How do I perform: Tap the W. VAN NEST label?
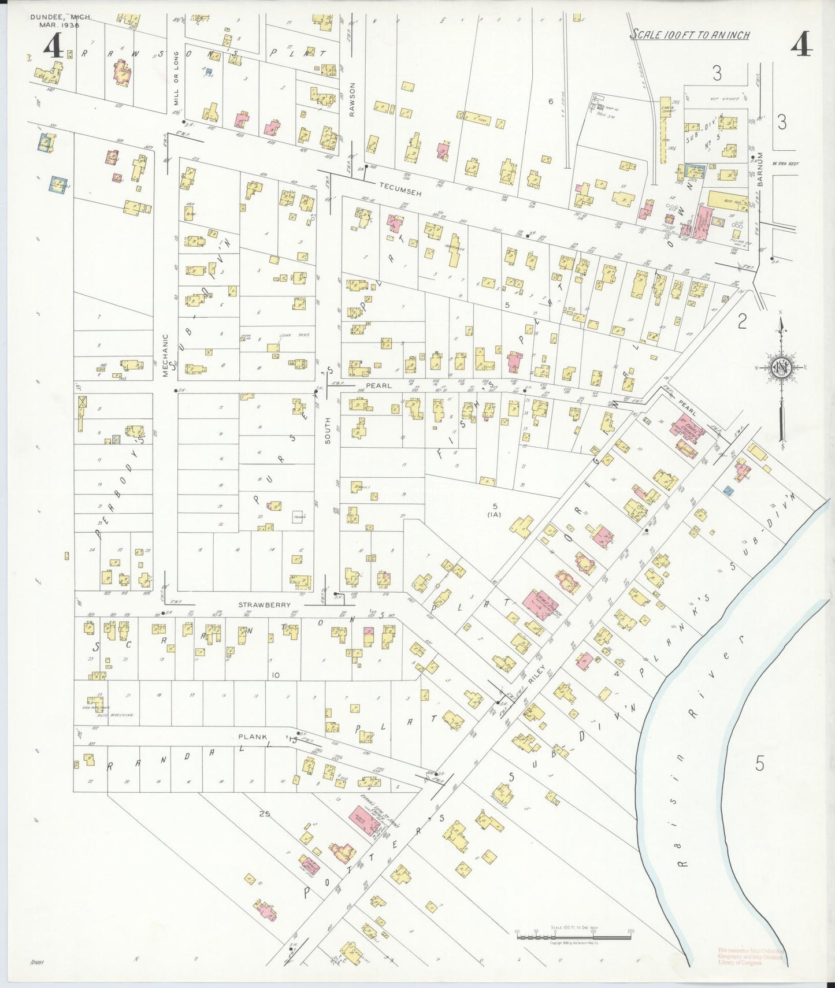point(784,163)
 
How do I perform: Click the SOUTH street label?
point(328,430)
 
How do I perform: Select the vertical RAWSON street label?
point(351,99)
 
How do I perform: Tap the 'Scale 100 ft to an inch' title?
point(689,35)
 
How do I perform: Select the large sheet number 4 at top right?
point(801,45)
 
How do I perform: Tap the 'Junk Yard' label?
point(299,335)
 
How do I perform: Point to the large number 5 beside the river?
point(759,763)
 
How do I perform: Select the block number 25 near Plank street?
point(265,815)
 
